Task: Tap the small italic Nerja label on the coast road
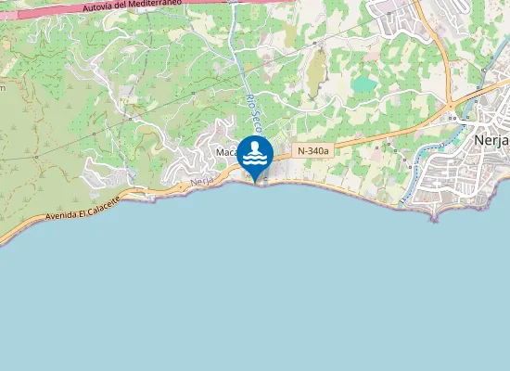(202, 183)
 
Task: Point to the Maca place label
(225, 153)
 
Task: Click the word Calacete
(118, 202)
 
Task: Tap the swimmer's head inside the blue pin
(255, 147)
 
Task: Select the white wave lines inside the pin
(255, 160)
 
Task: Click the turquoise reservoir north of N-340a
(363, 85)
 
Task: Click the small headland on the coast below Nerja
(433, 216)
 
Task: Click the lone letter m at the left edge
(3, 88)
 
